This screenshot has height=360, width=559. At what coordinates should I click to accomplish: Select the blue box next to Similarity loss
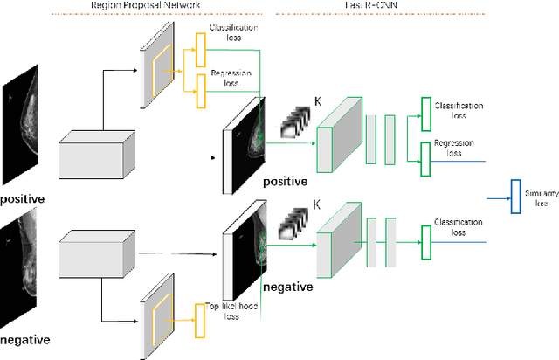click(515, 197)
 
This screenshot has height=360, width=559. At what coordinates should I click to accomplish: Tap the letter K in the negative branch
click(317, 204)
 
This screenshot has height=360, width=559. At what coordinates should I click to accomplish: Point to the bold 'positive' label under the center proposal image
click(285, 182)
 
